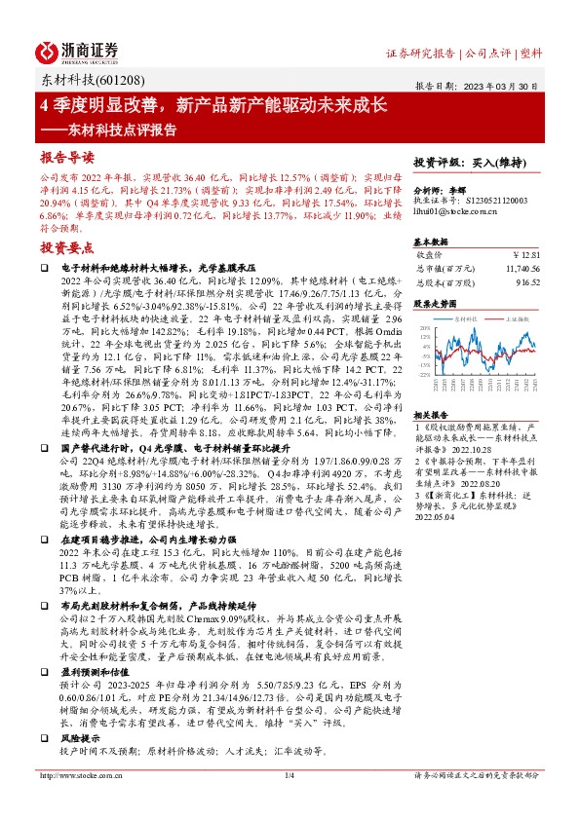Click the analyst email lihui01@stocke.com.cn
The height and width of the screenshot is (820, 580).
[x=451, y=211]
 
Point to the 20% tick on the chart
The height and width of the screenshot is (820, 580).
[x=423, y=329]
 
